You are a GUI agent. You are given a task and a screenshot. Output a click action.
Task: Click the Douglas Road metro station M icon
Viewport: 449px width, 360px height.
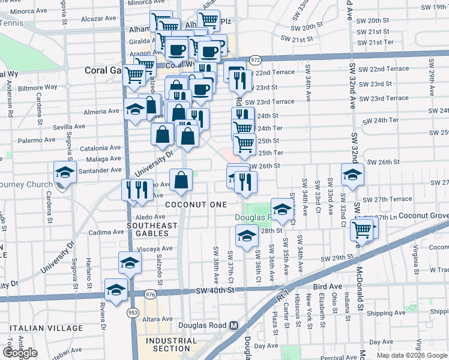[x=234, y=325]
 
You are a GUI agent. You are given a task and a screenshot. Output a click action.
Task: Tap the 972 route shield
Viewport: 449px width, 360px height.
[x=255, y=60]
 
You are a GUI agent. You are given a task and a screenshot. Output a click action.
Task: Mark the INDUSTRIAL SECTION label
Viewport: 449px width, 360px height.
[x=171, y=344]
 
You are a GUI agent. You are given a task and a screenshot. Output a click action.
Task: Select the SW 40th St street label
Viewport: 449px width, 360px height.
[x=212, y=290]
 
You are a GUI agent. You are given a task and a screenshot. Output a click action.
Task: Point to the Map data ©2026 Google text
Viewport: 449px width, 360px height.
[x=412, y=355]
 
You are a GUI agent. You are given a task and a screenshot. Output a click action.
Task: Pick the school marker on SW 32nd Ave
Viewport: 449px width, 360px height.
[x=352, y=175]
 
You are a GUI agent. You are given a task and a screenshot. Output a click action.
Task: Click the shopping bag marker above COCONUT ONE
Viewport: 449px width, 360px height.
[x=181, y=180]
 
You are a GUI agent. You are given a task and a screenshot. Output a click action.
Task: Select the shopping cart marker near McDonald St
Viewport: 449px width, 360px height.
[x=361, y=229]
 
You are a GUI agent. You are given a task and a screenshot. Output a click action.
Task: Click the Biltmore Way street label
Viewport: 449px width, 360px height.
[x=38, y=87]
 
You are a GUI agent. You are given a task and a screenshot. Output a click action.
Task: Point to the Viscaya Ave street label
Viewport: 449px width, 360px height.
[x=138, y=248]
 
